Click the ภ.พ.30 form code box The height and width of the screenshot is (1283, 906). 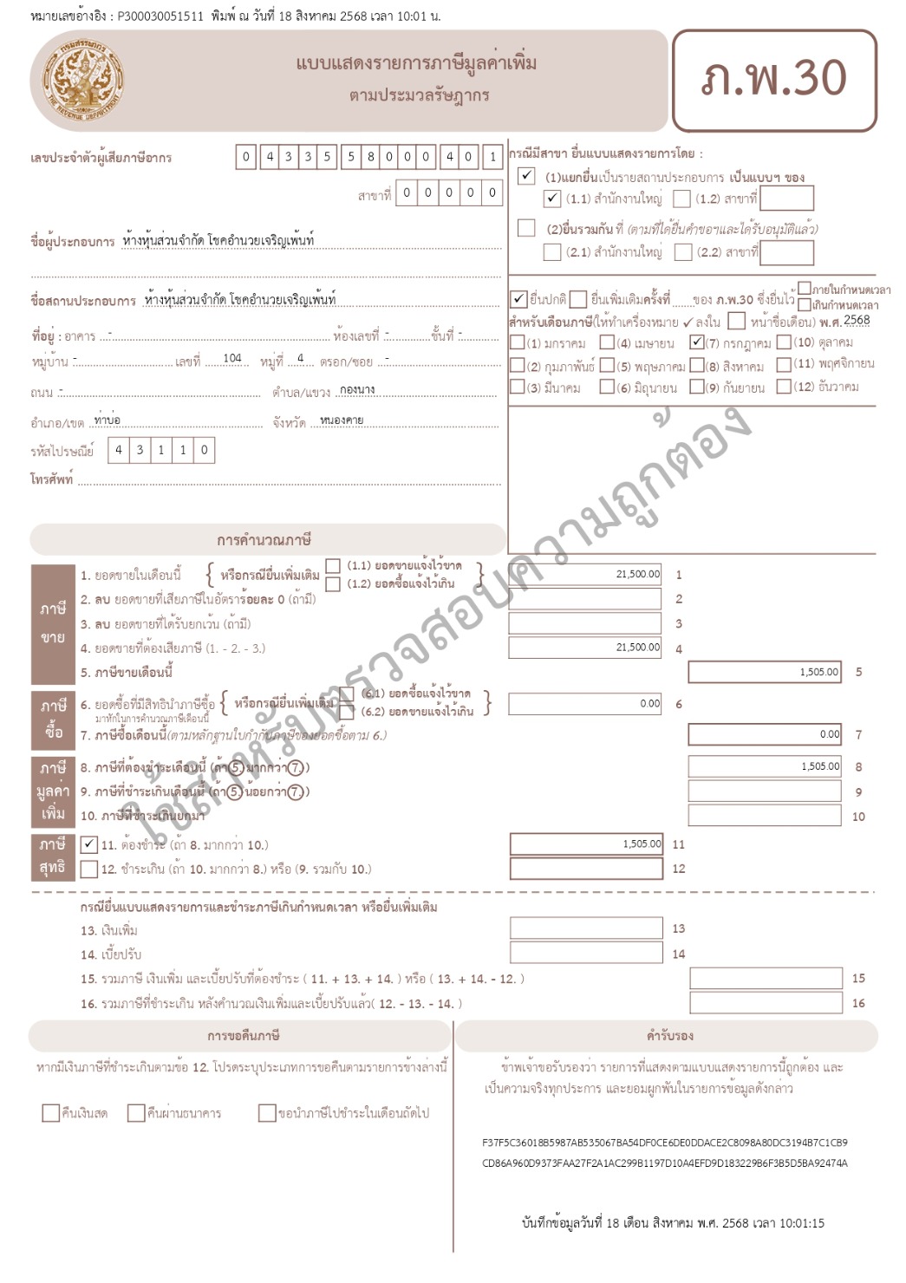point(774,80)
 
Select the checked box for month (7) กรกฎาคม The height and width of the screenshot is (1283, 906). point(697,342)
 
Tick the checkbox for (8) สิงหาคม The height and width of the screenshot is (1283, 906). point(697,365)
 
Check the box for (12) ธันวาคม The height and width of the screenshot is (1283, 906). point(784,387)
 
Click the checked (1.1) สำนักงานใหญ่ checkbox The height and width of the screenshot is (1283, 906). point(552,199)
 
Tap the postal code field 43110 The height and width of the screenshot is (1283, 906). point(160,450)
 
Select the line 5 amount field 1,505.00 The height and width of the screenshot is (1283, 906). point(765,672)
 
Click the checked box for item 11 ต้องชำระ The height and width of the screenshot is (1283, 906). point(88,844)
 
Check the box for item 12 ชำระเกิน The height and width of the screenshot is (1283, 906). point(88,869)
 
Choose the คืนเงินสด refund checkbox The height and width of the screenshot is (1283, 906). point(50,1113)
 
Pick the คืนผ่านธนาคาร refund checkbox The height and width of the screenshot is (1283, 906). point(136,1113)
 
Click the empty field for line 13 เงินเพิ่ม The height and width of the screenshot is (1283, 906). point(585,928)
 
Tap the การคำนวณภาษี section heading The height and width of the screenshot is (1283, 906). point(264,540)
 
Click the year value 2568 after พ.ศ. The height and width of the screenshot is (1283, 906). point(857,320)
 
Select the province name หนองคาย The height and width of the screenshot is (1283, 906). point(342,420)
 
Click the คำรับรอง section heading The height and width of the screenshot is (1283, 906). point(669,1036)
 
